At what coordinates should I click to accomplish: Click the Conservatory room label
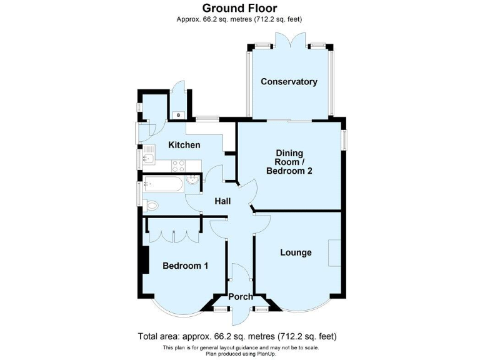tap(289, 82)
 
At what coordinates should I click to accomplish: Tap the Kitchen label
tap(184, 145)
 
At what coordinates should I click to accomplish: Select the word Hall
tap(222, 201)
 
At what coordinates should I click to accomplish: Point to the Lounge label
tap(296, 252)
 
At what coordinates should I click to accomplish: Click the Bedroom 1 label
tap(185, 266)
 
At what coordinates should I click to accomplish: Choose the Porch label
tap(241, 296)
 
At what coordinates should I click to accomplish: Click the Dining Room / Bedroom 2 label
tap(289, 162)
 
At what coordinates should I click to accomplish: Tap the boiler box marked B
tap(178, 115)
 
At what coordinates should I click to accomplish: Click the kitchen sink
tap(147, 158)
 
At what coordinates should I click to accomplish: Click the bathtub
tap(162, 184)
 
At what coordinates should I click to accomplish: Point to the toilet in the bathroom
tap(152, 205)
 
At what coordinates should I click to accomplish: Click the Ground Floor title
tap(239, 8)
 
